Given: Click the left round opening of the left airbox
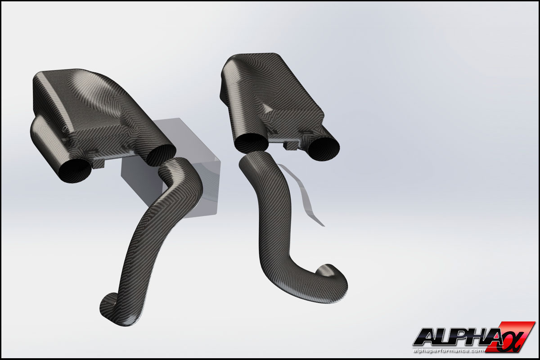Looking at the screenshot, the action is click(x=75, y=171).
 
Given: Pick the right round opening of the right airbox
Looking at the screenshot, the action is click(x=324, y=149).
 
